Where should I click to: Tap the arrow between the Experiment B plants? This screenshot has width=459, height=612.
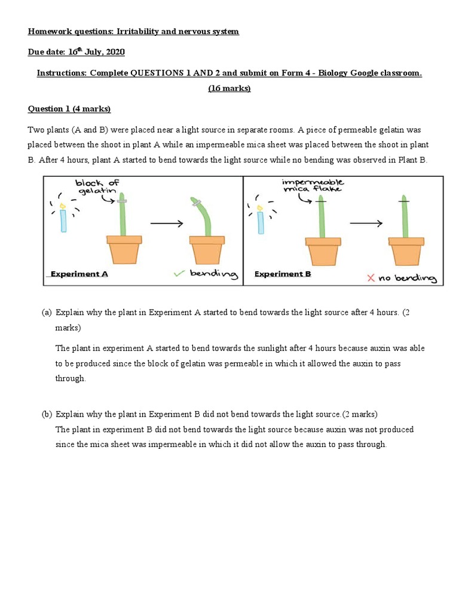tap(365, 223)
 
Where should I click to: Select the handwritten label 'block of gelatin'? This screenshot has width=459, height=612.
tap(96, 187)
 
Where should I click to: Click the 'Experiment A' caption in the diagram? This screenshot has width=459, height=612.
tap(79, 274)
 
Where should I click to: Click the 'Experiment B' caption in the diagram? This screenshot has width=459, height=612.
tap(283, 274)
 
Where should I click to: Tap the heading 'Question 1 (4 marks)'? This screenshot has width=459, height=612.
tap(69, 109)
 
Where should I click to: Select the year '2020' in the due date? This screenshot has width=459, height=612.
tap(114, 53)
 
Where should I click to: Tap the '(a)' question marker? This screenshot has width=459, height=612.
tap(47, 313)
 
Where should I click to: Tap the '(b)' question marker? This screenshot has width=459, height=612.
tap(47, 414)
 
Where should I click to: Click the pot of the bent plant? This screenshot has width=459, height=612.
tap(206, 249)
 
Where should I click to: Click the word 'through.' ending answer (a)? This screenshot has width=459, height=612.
tap(71, 378)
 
